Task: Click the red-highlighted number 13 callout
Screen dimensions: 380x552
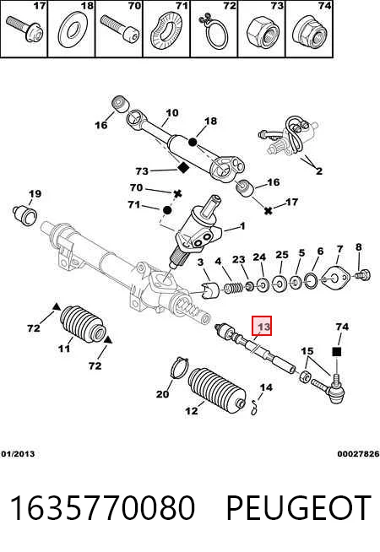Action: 262,326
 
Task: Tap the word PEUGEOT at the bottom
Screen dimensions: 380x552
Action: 299,508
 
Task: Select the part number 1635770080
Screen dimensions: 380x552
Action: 102,508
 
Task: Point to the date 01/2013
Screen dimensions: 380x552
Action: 18,454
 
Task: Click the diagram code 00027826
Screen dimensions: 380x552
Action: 358,454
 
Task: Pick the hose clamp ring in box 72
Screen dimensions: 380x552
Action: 214,33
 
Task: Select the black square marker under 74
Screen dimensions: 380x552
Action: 337,351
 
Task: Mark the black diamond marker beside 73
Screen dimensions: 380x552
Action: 182,168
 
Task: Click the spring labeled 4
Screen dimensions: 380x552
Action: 233,287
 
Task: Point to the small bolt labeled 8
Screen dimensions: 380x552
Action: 362,273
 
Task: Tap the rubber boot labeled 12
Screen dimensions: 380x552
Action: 217,390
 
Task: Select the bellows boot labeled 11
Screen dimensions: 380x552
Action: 83,323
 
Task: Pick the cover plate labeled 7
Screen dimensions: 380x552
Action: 335,277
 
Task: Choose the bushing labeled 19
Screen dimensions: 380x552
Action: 25,214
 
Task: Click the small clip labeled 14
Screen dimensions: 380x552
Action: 255,409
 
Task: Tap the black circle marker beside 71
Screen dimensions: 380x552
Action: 167,210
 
